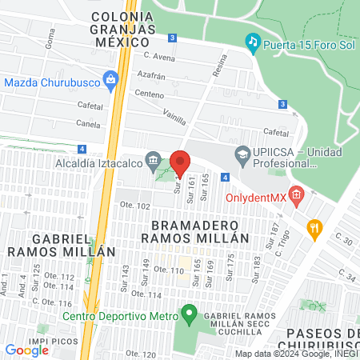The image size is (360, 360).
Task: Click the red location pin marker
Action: pos(180,162)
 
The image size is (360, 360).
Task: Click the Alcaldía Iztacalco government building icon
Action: pos(153,162)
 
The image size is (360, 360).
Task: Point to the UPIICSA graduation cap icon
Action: pos(242,153)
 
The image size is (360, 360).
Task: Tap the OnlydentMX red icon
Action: pos(297,194)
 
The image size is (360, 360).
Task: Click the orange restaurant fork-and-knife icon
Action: pos(315,227)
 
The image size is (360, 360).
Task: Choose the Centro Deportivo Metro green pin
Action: pos(189,313)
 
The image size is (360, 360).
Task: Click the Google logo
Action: pos(26,350)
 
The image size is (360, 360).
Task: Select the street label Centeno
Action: pos(150,94)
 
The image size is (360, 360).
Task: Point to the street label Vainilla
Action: pos(174,117)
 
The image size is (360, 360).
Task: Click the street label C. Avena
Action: pos(158,56)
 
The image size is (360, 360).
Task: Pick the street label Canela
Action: pos(88,124)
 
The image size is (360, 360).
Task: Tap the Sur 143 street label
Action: pos(125,277)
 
